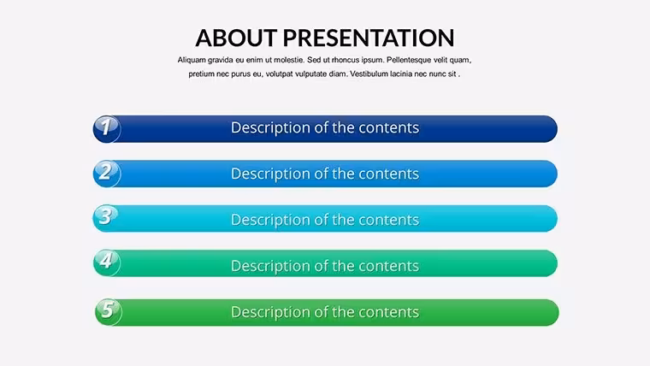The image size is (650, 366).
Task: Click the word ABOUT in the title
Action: (236, 38)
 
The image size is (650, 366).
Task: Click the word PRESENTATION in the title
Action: (369, 38)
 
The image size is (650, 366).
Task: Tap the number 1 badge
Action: (107, 129)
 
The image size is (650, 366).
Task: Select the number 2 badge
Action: (107, 174)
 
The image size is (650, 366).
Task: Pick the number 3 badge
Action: (107, 218)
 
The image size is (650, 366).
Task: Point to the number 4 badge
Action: (107, 263)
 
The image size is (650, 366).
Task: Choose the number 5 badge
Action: (109, 312)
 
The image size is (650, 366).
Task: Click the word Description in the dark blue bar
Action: (271, 128)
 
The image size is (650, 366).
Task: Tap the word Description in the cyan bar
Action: (271, 220)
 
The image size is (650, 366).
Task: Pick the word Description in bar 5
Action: (271, 312)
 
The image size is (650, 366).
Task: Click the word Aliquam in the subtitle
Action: (192, 60)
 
